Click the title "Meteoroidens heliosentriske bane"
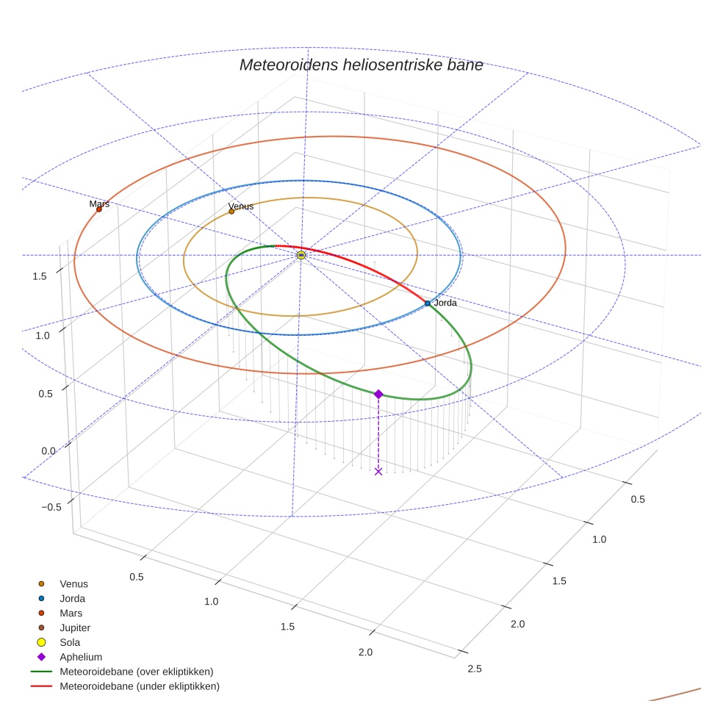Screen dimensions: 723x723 pos(361,65)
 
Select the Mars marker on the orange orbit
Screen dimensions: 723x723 pos(99,209)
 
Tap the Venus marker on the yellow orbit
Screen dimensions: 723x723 pos(231,212)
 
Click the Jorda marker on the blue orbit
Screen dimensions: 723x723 pos(428,303)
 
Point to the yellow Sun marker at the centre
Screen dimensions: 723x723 pos(301,255)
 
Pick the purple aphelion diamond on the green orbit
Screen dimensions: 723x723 pos(378,395)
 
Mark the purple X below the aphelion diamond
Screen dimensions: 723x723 pos(378,471)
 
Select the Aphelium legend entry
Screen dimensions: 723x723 pos(80,657)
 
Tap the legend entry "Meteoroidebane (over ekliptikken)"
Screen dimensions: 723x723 pos(136,672)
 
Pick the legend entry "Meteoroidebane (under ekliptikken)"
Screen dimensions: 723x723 pos(139,686)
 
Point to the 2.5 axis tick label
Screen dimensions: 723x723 pos(475,668)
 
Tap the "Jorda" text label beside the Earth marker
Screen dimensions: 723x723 pos(445,303)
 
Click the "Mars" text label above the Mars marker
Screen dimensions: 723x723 pos(99,204)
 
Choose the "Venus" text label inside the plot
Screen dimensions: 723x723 pos(241,206)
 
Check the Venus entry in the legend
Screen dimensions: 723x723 pos(73,584)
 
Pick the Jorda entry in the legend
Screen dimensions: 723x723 pos(72,599)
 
